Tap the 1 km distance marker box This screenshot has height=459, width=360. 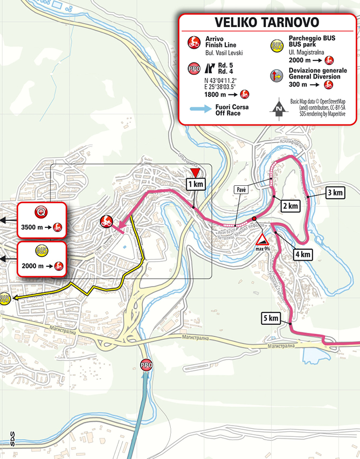click(x=195, y=185)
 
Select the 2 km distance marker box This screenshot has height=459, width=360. click(x=289, y=206)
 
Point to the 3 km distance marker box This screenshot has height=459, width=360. click(x=335, y=192)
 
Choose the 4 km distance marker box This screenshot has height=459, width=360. click(x=302, y=254)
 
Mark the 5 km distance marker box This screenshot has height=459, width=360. click(x=270, y=318)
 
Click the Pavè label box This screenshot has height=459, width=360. click(x=241, y=190)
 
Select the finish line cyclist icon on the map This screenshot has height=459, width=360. click(x=106, y=220)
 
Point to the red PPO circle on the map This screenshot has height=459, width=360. click(x=146, y=365)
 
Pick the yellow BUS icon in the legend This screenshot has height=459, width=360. click(x=279, y=42)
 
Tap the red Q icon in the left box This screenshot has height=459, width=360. click(x=41, y=211)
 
